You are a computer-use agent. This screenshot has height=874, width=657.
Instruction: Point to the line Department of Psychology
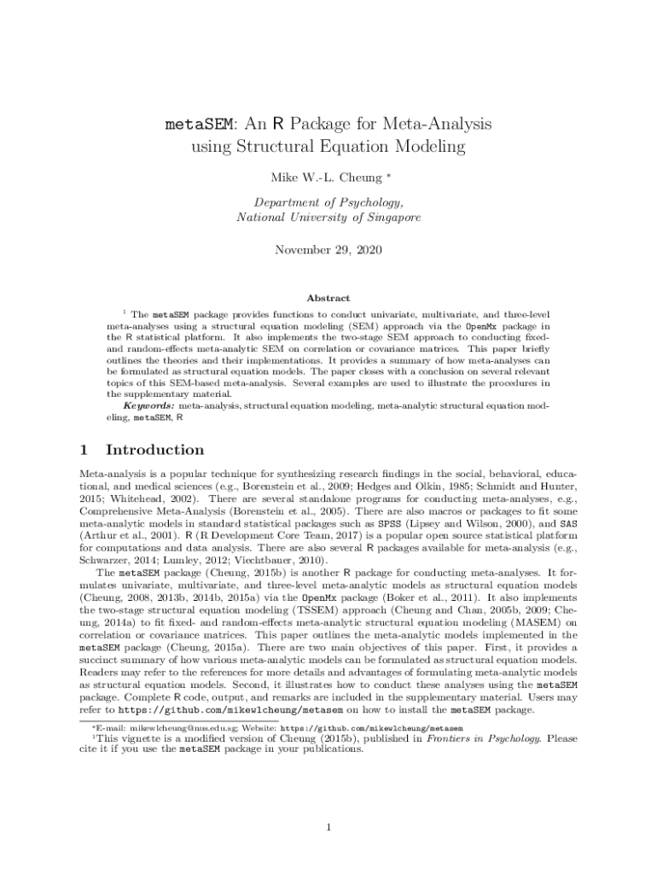click(328, 202)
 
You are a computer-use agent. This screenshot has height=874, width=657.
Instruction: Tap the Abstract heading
click(328, 298)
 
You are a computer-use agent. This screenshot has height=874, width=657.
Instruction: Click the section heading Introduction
click(154, 450)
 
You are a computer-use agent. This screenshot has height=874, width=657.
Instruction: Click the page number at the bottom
click(328, 827)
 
